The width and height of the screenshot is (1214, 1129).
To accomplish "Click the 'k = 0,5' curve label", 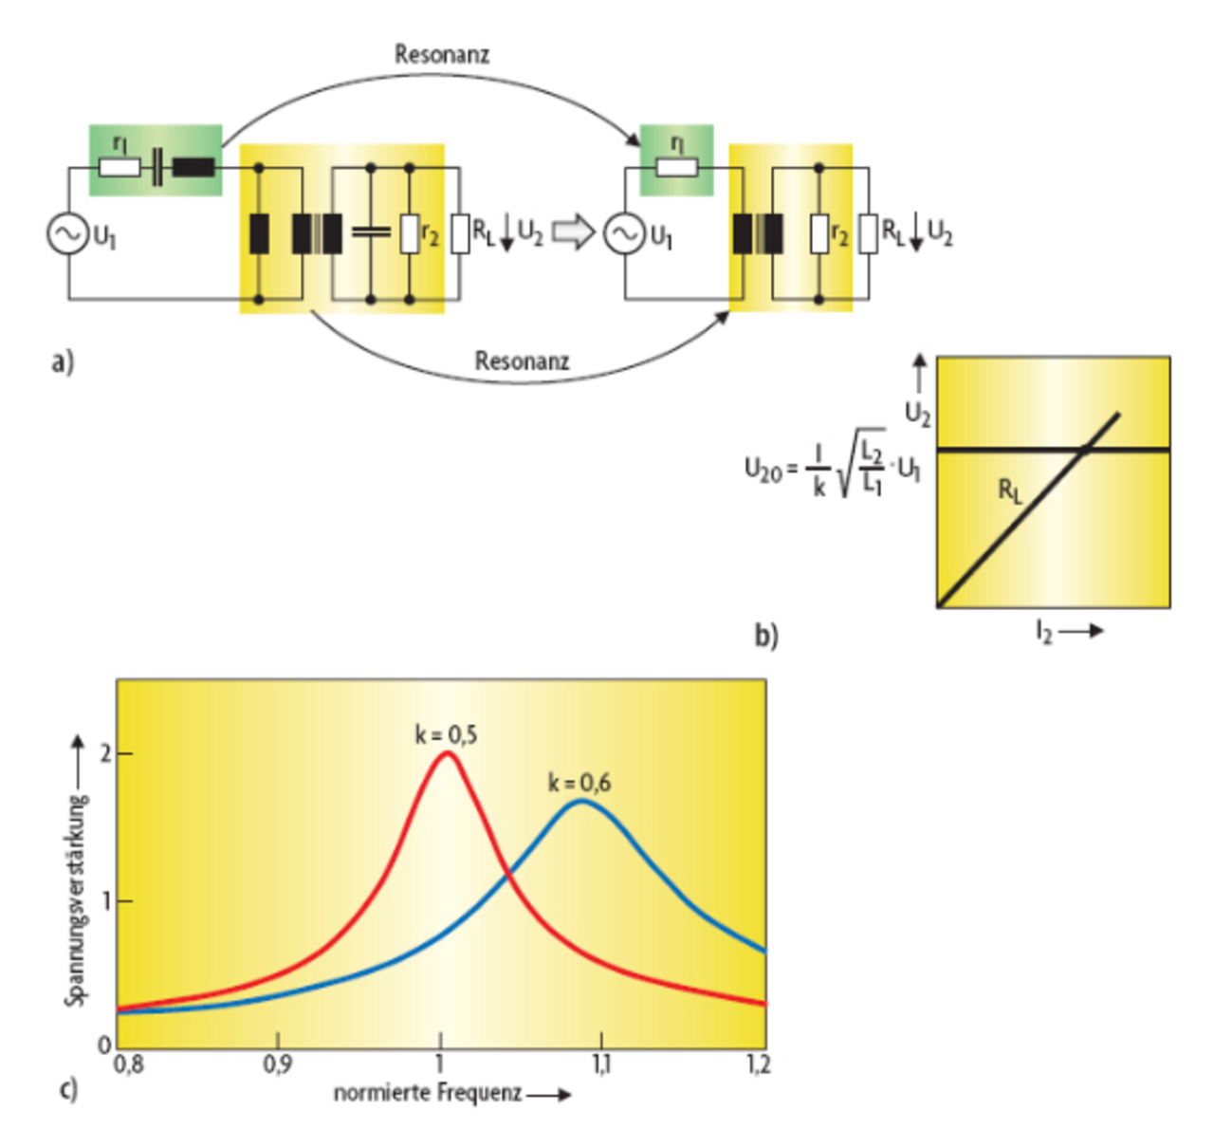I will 446,734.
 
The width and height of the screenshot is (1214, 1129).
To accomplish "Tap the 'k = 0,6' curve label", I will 579,783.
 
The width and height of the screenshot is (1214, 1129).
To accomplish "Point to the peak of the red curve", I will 446,753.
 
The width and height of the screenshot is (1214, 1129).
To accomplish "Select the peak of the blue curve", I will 581,802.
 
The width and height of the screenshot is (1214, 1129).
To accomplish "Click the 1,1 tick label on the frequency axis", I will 601,1064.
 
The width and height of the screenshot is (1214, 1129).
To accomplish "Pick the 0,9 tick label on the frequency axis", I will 277,1064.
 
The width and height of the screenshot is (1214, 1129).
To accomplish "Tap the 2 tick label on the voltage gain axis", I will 105,753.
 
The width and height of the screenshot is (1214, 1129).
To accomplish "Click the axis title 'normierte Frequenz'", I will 428,1093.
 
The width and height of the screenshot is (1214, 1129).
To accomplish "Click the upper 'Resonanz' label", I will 442,54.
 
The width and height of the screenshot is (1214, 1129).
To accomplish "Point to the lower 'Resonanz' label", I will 522,361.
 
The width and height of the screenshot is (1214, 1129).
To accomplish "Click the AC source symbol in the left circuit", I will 67,233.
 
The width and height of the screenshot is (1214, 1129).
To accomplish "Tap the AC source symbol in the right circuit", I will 624,233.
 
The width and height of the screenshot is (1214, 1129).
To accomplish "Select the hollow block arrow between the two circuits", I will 573,232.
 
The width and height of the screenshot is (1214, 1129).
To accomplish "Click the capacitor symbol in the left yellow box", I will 371,231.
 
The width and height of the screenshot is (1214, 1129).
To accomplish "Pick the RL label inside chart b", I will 1010,490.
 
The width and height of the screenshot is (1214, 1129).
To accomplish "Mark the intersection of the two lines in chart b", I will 1084,449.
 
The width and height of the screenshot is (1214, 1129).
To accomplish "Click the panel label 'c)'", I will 67,1088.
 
